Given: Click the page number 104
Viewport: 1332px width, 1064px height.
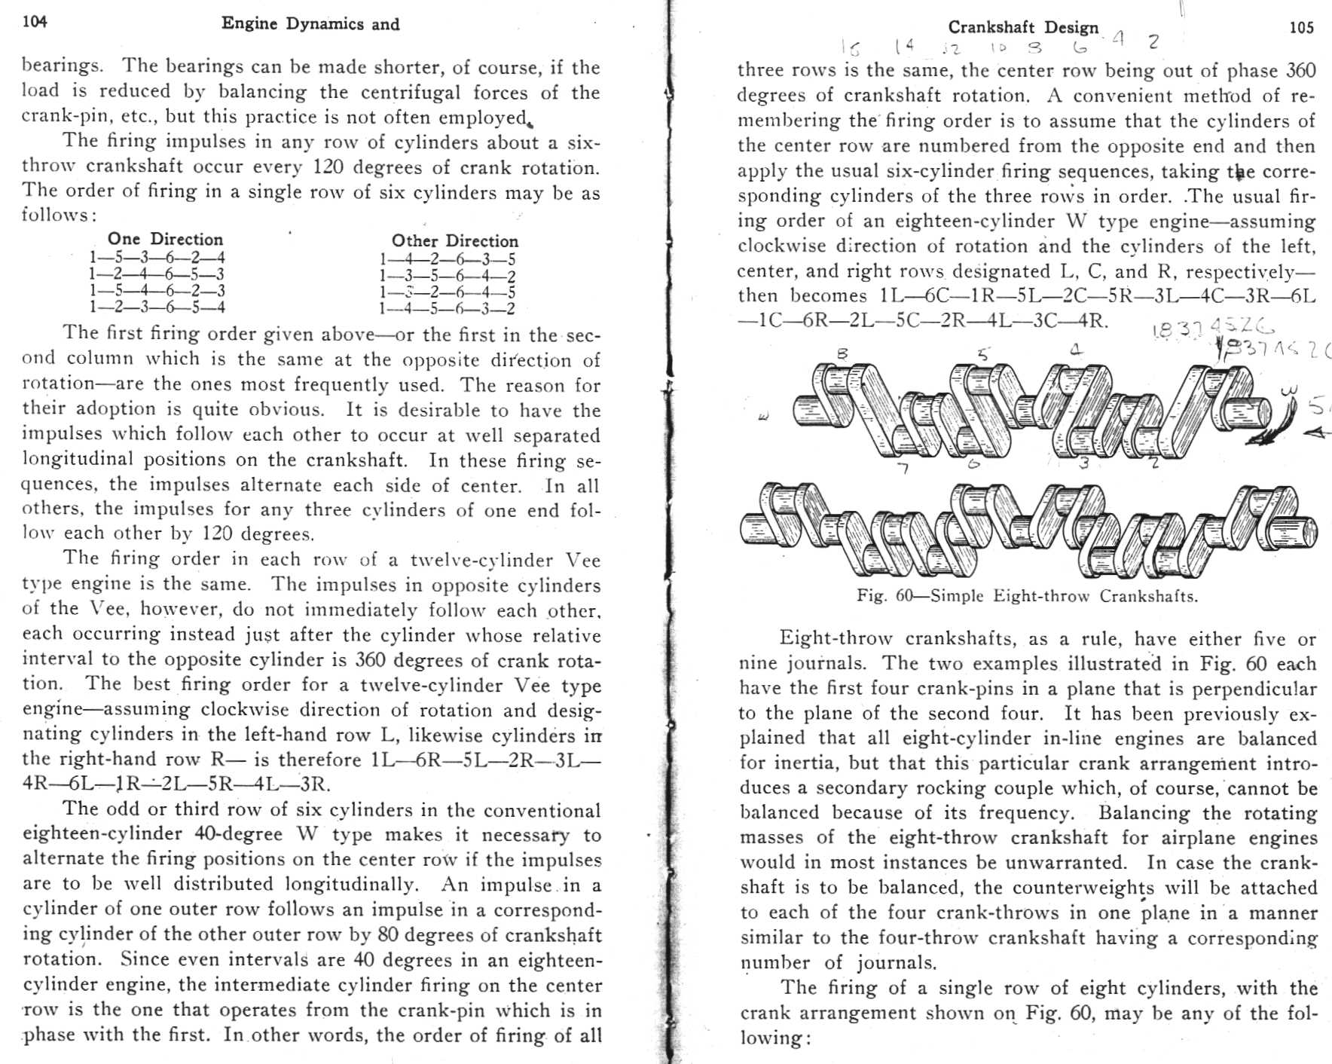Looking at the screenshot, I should click(35, 21).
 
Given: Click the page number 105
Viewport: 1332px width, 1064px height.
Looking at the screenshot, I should click(1301, 28).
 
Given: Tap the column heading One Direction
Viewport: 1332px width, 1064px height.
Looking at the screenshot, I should click(165, 239).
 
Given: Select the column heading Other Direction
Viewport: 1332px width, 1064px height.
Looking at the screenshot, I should click(454, 241).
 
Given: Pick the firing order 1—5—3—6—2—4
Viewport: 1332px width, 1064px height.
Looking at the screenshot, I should click(157, 258).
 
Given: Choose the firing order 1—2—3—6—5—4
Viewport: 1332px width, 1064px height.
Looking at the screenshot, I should click(157, 307).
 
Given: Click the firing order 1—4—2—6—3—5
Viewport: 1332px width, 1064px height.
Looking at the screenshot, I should click(447, 260).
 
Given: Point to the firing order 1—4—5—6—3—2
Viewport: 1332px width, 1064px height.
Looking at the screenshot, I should click(447, 308).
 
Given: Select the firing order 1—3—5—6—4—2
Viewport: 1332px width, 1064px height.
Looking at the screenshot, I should click(447, 277).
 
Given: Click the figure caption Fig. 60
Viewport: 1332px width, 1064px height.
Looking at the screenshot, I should click(1026, 596).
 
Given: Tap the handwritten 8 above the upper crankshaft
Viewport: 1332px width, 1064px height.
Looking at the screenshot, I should click(842, 353).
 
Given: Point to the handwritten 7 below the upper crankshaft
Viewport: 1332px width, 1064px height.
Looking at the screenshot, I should click(905, 468).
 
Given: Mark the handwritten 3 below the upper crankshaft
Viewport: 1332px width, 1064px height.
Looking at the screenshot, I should click(1083, 463).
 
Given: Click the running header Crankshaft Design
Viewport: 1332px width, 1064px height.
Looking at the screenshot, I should click(1022, 28).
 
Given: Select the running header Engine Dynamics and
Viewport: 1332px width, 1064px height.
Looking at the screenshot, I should click(310, 24).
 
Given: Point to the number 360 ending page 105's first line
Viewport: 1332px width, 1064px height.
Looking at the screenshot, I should click(1300, 71).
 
